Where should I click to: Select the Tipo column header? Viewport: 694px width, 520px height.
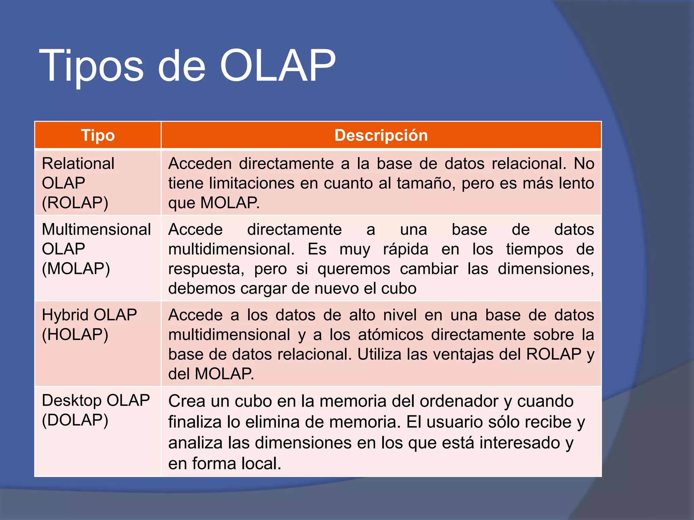pyautogui.click(x=98, y=135)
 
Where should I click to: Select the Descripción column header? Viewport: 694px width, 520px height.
pyautogui.click(x=381, y=135)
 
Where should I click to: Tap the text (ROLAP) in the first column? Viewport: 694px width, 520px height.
pyautogui.click(x=75, y=203)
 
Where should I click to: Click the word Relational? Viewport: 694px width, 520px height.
pyautogui.click(x=78, y=164)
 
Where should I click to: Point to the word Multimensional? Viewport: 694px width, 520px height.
pyautogui.click(x=96, y=230)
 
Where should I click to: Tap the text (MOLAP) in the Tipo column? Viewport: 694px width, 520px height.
pyautogui.click(x=76, y=268)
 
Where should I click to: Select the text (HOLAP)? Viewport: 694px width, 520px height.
pyautogui.click(x=75, y=334)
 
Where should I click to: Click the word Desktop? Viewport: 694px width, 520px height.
pyautogui.click(x=72, y=400)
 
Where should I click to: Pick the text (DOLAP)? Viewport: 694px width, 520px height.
pyautogui.click(x=75, y=420)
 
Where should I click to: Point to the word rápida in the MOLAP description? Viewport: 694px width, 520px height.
pyautogui.click(x=406, y=250)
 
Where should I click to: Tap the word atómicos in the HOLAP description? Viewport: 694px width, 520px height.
pyautogui.click(x=390, y=335)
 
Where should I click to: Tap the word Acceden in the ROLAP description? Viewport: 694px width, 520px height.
pyautogui.click(x=200, y=164)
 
